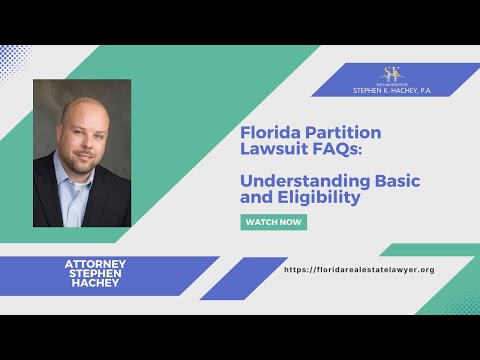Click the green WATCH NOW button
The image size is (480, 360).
tap(273, 222)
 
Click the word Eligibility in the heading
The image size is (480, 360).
tap(318, 198)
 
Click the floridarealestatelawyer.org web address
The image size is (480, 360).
tap(359, 270)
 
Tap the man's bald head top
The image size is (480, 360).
tap(79, 102)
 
